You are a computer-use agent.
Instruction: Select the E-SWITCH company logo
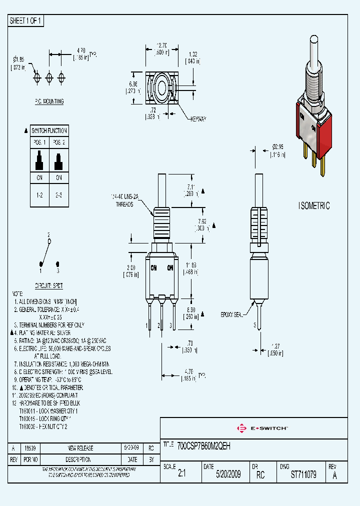[262, 428]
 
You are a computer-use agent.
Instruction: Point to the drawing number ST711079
[303, 474]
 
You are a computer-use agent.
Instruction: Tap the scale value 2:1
[181, 474]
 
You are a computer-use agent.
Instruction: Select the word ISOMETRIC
[314, 206]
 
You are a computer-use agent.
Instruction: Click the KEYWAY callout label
[198, 118]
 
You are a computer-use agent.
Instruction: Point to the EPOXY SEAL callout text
[232, 314]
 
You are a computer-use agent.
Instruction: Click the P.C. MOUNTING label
[49, 101]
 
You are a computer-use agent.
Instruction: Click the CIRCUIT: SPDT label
[48, 285]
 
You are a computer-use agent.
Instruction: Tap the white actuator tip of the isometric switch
[313, 41]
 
